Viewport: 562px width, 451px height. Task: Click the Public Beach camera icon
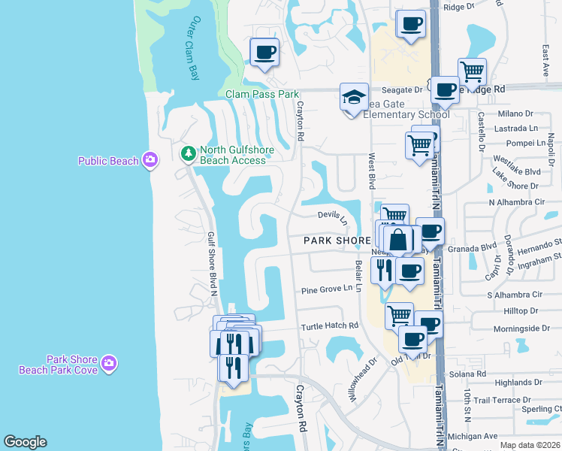coord(150,159)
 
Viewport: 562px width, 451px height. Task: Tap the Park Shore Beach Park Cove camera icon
coord(110,364)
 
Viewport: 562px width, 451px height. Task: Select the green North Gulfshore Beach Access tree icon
coord(188,154)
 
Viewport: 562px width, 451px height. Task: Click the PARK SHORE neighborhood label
coord(337,241)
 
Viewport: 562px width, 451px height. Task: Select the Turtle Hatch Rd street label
coord(330,326)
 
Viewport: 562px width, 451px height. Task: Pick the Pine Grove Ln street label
coord(327,289)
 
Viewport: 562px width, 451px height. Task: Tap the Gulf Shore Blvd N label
coord(213,263)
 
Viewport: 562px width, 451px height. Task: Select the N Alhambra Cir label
coord(516,202)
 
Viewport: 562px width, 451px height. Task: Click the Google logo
coord(25,442)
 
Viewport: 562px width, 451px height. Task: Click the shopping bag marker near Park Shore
coord(400,240)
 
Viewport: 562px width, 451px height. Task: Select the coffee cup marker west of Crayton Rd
coord(264,53)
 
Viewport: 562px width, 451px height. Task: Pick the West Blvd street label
coord(371,171)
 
